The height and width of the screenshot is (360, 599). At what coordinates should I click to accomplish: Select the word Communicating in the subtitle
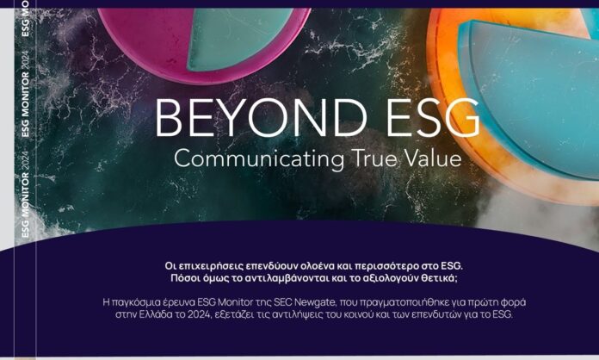(x=259, y=159)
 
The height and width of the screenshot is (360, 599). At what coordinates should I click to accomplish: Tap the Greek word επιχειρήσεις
(x=210, y=266)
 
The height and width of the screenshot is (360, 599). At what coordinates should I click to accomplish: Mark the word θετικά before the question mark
(x=438, y=278)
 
